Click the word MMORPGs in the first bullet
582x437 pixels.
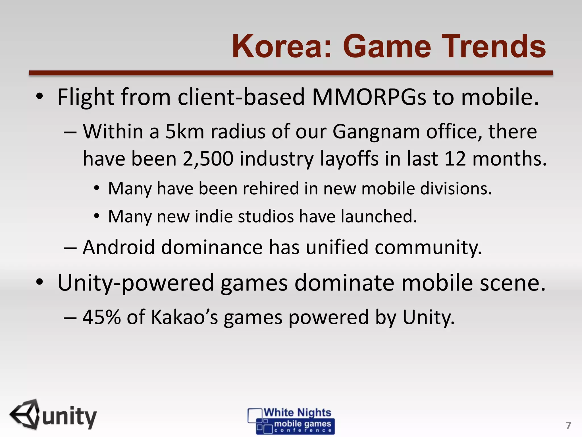[x=369, y=97]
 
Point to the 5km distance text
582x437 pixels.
[x=185, y=132]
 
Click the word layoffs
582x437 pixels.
[x=349, y=159]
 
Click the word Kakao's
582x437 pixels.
[x=184, y=317]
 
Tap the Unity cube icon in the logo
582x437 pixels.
[x=26, y=414]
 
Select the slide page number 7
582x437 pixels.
[x=568, y=426]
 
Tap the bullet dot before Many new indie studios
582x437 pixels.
[x=97, y=216]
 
